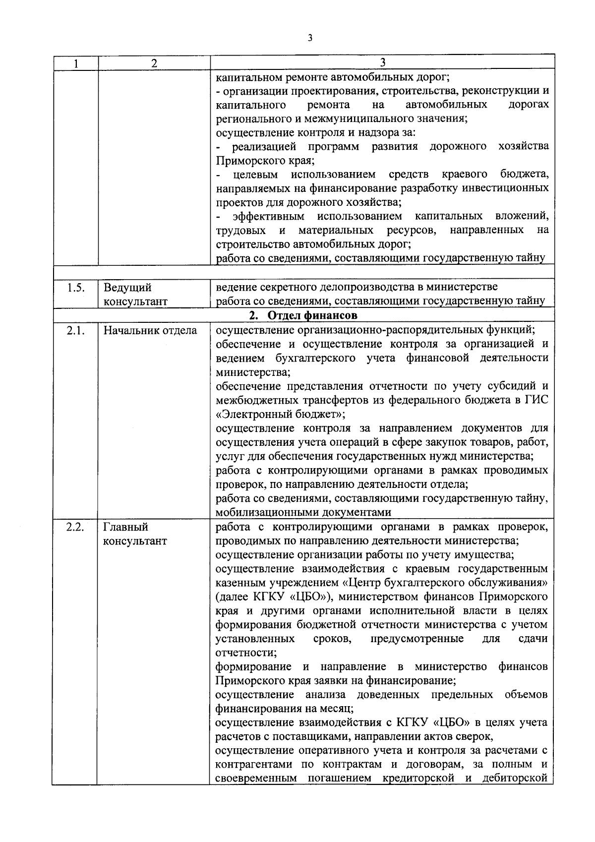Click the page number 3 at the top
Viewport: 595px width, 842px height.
tap(310, 38)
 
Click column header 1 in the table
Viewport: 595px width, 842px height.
tap(75, 63)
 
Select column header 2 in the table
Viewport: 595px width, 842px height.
tap(154, 63)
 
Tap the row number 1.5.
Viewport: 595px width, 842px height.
tap(75, 287)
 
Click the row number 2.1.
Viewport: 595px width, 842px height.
tap(75, 330)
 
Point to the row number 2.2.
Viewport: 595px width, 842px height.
tap(75, 527)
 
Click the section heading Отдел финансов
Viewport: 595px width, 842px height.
tap(311, 315)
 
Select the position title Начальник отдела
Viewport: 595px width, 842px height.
tap(150, 330)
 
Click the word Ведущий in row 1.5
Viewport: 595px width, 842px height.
tap(127, 288)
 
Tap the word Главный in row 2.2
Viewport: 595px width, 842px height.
tap(126, 527)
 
